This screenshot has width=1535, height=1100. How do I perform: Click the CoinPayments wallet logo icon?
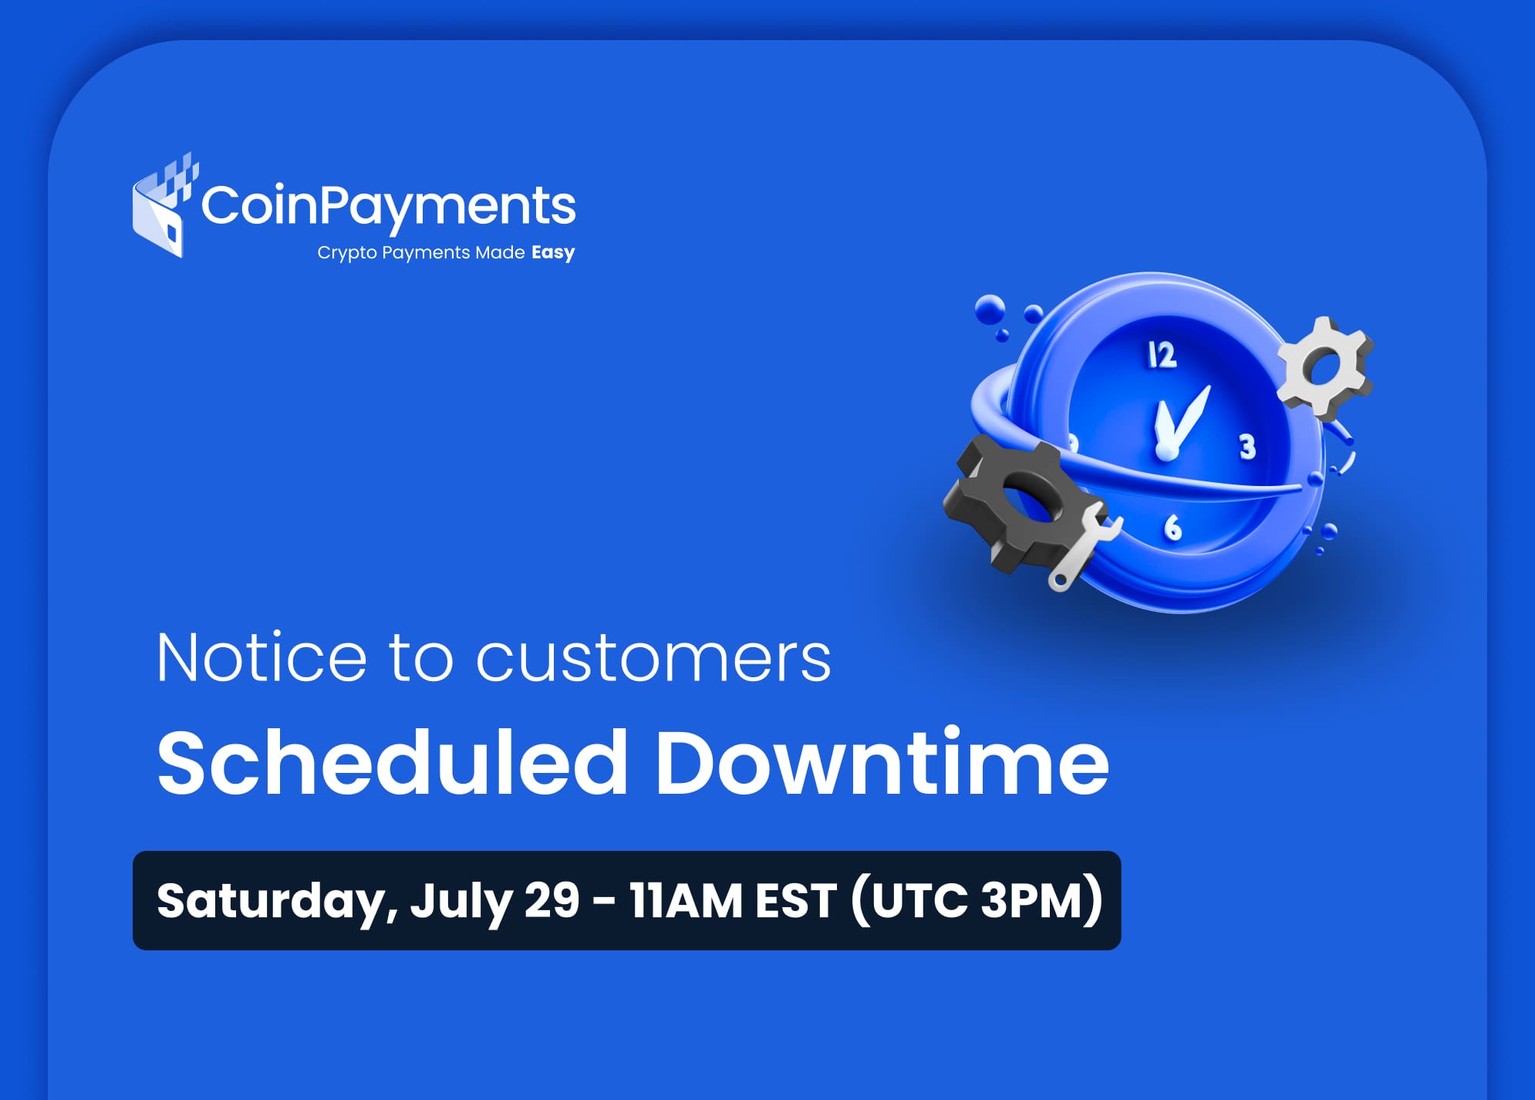click(x=164, y=207)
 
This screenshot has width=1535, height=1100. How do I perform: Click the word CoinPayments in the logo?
click(x=389, y=207)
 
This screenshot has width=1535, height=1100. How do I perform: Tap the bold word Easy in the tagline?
click(x=553, y=253)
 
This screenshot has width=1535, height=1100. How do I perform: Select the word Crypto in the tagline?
click(x=347, y=253)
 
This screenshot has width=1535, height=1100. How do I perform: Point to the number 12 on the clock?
click(x=1162, y=355)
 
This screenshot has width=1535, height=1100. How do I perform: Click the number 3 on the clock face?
click(x=1247, y=447)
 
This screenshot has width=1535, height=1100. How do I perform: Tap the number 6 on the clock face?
click(x=1172, y=528)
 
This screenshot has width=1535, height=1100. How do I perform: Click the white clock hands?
click(x=1179, y=423)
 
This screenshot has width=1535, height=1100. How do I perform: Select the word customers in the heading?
click(x=653, y=658)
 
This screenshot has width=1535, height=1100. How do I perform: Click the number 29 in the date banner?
click(x=552, y=899)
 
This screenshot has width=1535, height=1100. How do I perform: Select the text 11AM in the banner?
click(x=686, y=900)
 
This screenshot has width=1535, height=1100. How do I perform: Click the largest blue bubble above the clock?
click(x=990, y=309)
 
